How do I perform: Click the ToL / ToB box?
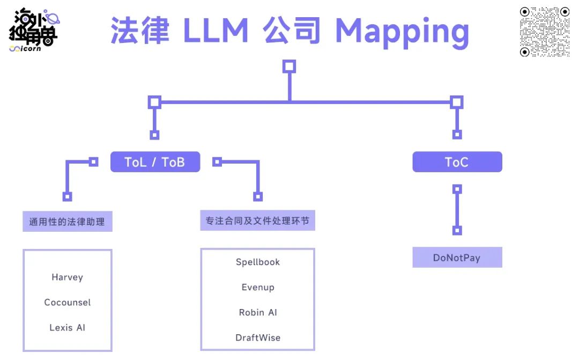pos(155,162)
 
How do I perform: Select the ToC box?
pos(457,162)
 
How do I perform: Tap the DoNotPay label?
pos(457,258)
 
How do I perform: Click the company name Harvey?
pos(68,277)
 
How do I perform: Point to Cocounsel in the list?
pos(68,303)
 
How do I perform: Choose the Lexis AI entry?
pos(68,328)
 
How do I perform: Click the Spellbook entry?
pos(258,262)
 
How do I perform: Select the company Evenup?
pos(258,288)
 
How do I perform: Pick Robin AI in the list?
pos(258,312)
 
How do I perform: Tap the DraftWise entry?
pos(258,337)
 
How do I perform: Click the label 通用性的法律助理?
pos(68,221)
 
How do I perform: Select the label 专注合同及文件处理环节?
pos(258,221)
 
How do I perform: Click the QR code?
pos(545,32)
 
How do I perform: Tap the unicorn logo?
pos(33,30)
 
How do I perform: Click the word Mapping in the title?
pos(402,31)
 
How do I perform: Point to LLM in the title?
pos(216,31)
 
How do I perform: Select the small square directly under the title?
pos(289,67)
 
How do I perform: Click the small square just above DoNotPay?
pos(457,231)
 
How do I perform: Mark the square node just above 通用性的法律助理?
pos(68,196)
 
